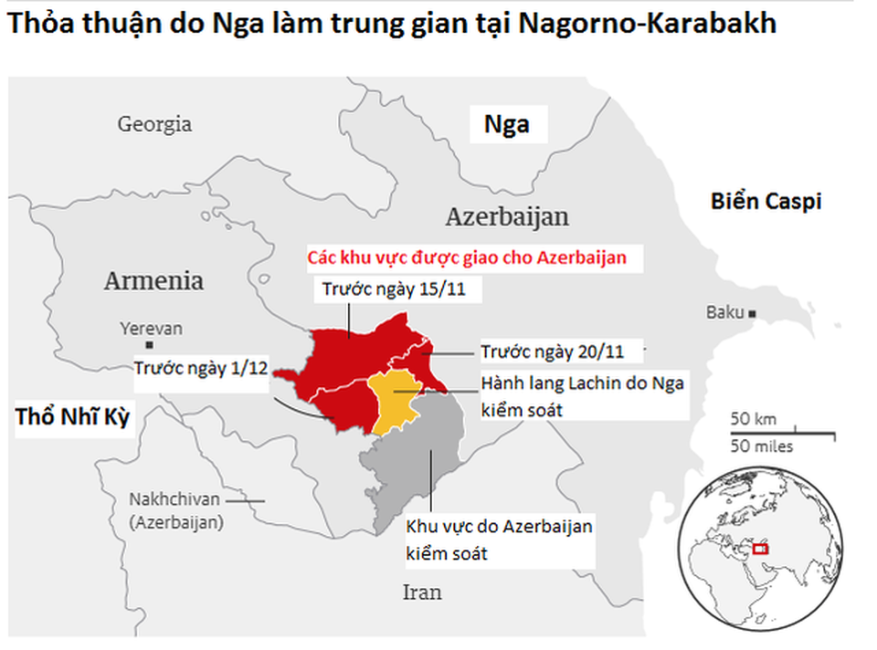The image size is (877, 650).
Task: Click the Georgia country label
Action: tap(154, 124)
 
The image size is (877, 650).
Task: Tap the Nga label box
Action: tap(507, 124)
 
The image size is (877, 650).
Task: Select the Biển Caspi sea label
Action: tap(766, 201)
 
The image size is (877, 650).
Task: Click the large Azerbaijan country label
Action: tap(507, 217)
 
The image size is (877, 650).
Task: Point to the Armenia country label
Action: tap(153, 280)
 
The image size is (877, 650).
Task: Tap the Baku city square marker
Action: tap(752, 313)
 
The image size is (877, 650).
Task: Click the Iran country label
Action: tap(422, 592)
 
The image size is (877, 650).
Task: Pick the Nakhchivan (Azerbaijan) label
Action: tap(175, 511)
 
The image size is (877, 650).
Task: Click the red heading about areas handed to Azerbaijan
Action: tap(473, 257)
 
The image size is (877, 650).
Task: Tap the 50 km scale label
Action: tap(753, 419)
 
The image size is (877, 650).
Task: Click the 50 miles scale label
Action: tap(762, 446)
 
